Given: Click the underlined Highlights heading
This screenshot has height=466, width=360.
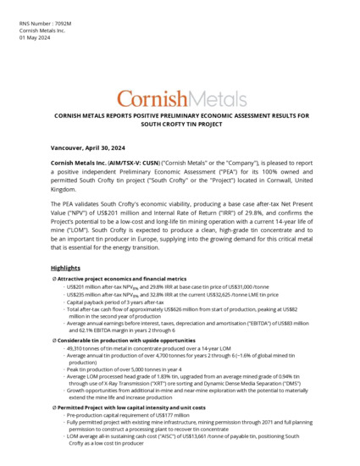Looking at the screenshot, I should coord(66,268).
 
